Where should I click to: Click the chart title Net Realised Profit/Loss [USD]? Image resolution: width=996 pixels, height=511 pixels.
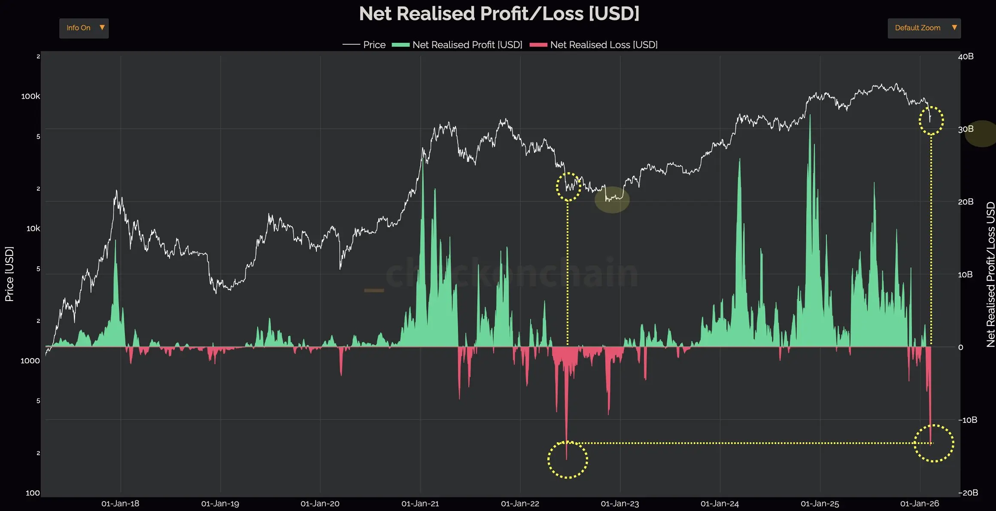click(x=499, y=14)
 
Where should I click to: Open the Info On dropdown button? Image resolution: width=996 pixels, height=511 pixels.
click(x=84, y=28)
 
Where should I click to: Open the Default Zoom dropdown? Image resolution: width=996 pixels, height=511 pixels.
click(x=924, y=28)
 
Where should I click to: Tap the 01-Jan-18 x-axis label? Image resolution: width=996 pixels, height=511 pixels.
click(x=120, y=503)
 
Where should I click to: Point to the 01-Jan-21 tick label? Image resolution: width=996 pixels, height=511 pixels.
click(x=420, y=503)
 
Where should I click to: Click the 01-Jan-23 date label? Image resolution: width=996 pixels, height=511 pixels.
click(x=620, y=503)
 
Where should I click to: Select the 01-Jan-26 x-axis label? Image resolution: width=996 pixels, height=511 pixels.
click(x=920, y=503)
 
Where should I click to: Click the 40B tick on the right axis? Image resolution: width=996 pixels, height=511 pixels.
click(x=966, y=56)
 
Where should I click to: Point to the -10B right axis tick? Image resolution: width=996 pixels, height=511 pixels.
click(x=967, y=420)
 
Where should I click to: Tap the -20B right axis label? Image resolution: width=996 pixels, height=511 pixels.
click(x=968, y=493)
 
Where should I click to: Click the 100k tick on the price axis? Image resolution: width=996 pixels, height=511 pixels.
click(x=30, y=96)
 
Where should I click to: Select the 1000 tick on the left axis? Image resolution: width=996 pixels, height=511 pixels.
click(x=30, y=361)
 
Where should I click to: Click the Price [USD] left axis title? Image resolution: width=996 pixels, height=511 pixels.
click(x=9, y=274)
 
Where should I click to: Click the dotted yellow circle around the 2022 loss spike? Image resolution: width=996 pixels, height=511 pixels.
click(x=568, y=459)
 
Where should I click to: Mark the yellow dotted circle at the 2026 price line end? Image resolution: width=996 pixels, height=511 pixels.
click(x=931, y=121)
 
